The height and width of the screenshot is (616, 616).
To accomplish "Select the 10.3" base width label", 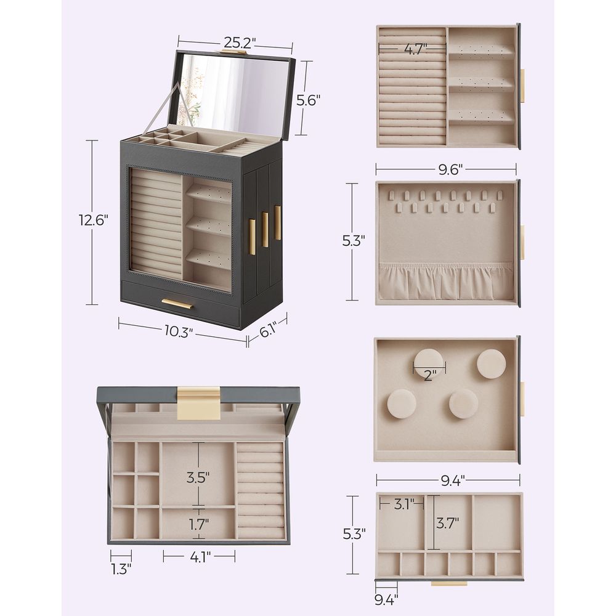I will [x=178, y=332].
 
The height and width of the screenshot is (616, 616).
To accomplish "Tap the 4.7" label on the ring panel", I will [x=416, y=49].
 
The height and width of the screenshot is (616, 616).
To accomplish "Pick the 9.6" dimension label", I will [x=452, y=170].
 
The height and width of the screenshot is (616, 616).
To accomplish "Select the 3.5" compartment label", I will [x=198, y=477].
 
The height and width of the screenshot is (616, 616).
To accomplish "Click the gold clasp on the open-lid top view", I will [x=198, y=403].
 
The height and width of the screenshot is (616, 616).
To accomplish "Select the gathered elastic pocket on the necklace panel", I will [x=446, y=282].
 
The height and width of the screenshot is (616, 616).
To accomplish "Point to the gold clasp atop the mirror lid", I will [x=233, y=52].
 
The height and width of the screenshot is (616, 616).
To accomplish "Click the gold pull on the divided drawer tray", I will [x=448, y=582].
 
